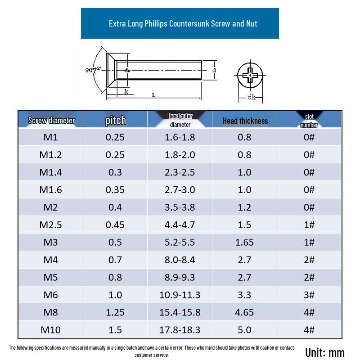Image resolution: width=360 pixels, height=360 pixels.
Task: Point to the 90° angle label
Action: point(92,70)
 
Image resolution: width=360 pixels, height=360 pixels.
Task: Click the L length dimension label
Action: point(153,95)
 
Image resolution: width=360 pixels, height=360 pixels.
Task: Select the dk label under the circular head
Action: point(251,97)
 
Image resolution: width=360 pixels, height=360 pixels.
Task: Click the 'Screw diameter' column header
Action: point(51,120)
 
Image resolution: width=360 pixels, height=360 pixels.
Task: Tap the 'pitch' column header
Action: point(115,120)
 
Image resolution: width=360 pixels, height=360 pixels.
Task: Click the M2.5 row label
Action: point(50,225)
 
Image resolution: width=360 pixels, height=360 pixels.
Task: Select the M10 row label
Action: point(50,329)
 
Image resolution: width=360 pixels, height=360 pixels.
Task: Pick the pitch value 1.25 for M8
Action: point(115,312)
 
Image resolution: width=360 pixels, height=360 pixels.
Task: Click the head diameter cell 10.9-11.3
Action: point(180,295)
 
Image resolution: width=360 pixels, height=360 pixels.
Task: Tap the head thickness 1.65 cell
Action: point(244,242)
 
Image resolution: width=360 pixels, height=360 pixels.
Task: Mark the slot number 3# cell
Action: point(309,295)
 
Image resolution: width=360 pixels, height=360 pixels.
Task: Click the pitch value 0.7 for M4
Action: point(115,260)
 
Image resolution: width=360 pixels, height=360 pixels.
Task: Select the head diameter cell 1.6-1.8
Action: point(180,137)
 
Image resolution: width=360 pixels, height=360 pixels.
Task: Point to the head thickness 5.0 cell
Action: point(244,329)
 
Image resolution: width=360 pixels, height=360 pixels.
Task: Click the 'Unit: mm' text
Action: point(324,352)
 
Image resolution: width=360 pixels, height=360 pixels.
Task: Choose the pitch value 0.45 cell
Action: point(115,225)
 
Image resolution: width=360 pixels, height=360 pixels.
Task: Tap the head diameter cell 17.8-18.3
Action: point(180,329)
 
